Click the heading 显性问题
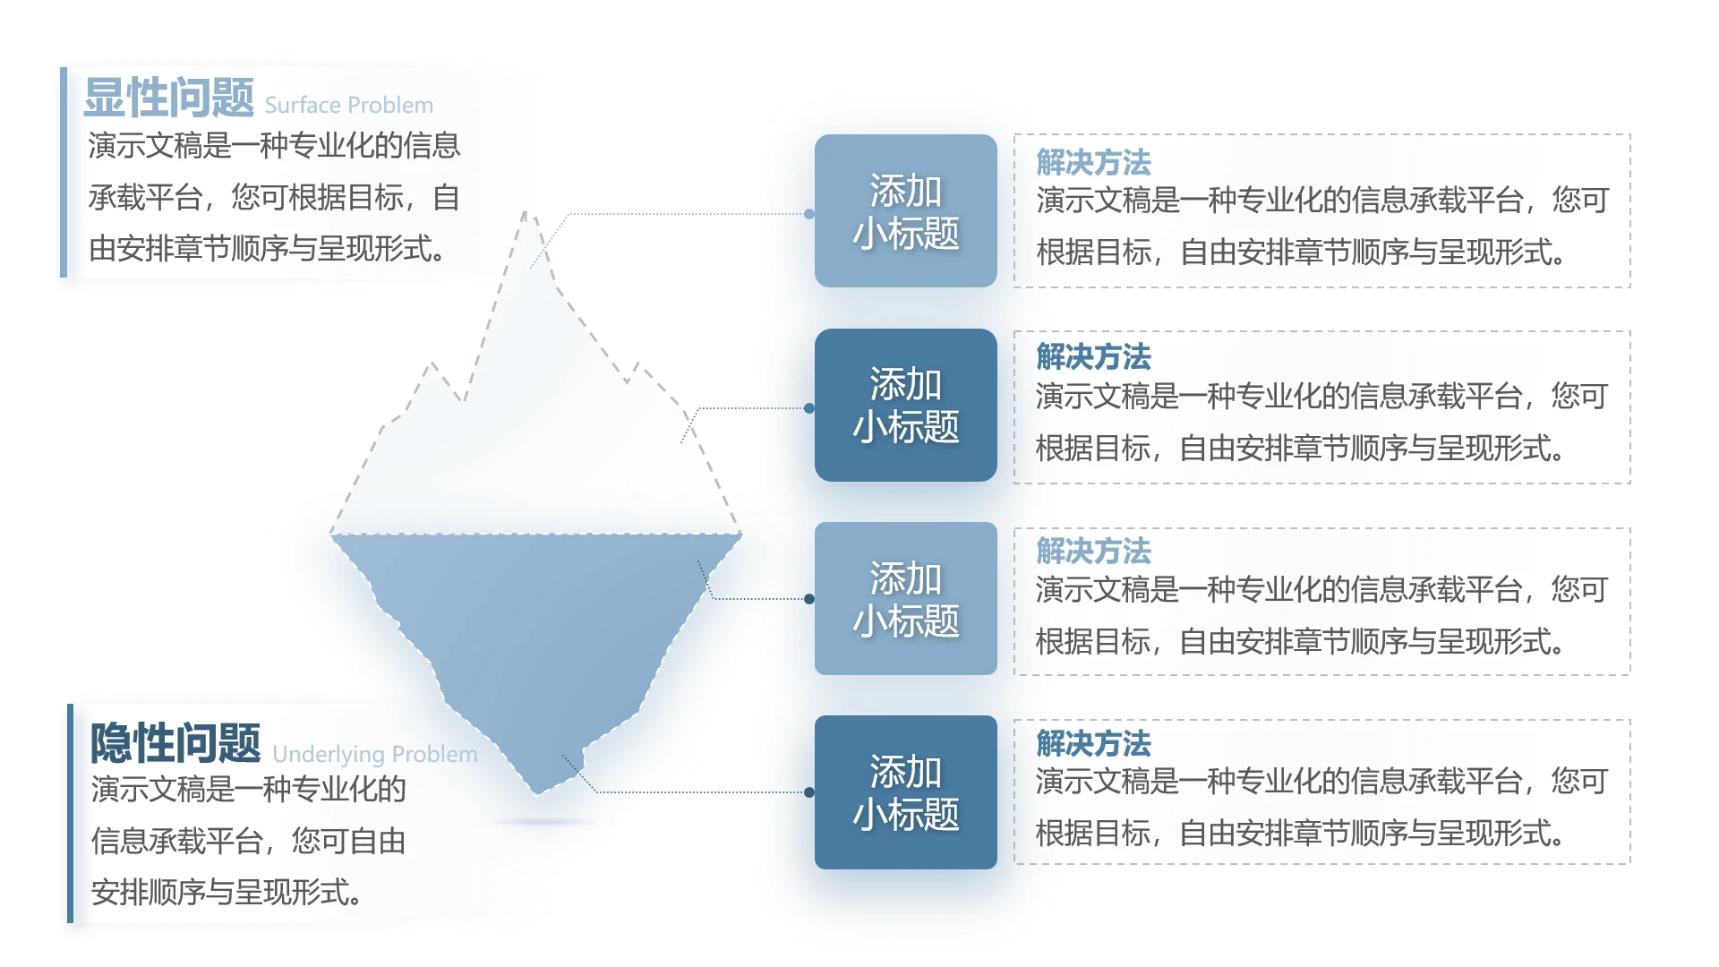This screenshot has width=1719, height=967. pyautogui.click(x=169, y=98)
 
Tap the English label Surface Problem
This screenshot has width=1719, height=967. pyautogui.click(x=348, y=106)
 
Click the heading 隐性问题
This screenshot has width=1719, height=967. pyautogui.click(x=175, y=743)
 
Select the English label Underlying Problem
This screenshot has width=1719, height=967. pyautogui.click(x=374, y=755)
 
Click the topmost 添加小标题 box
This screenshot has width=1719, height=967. pyautogui.click(x=905, y=211)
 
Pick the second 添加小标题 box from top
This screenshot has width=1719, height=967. pyautogui.click(x=905, y=406)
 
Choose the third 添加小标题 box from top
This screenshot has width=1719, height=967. pyautogui.click(x=905, y=599)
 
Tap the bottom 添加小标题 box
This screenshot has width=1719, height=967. pyautogui.click(x=905, y=792)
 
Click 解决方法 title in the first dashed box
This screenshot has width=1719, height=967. pyautogui.click(x=1093, y=162)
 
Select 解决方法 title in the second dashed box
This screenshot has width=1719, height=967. pyautogui.click(x=1093, y=357)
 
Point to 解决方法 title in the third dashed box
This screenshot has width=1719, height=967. pyautogui.click(x=1093, y=551)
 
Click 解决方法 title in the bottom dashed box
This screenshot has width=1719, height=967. pyautogui.click(x=1093, y=743)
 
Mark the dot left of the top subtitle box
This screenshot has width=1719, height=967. pyautogui.click(x=809, y=214)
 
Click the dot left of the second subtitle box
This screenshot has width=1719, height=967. pyautogui.click(x=809, y=408)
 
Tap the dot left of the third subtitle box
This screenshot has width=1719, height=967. pyautogui.click(x=809, y=599)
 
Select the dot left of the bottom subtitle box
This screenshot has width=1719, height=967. pyautogui.click(x=809, y=792)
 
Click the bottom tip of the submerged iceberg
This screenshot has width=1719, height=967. pyautogui.click(x=537, y=793)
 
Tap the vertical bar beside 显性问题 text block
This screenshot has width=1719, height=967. pyautogui.click(x=64, y=172)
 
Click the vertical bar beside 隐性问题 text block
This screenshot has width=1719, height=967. pyautogui.click(x=71, y=813)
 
